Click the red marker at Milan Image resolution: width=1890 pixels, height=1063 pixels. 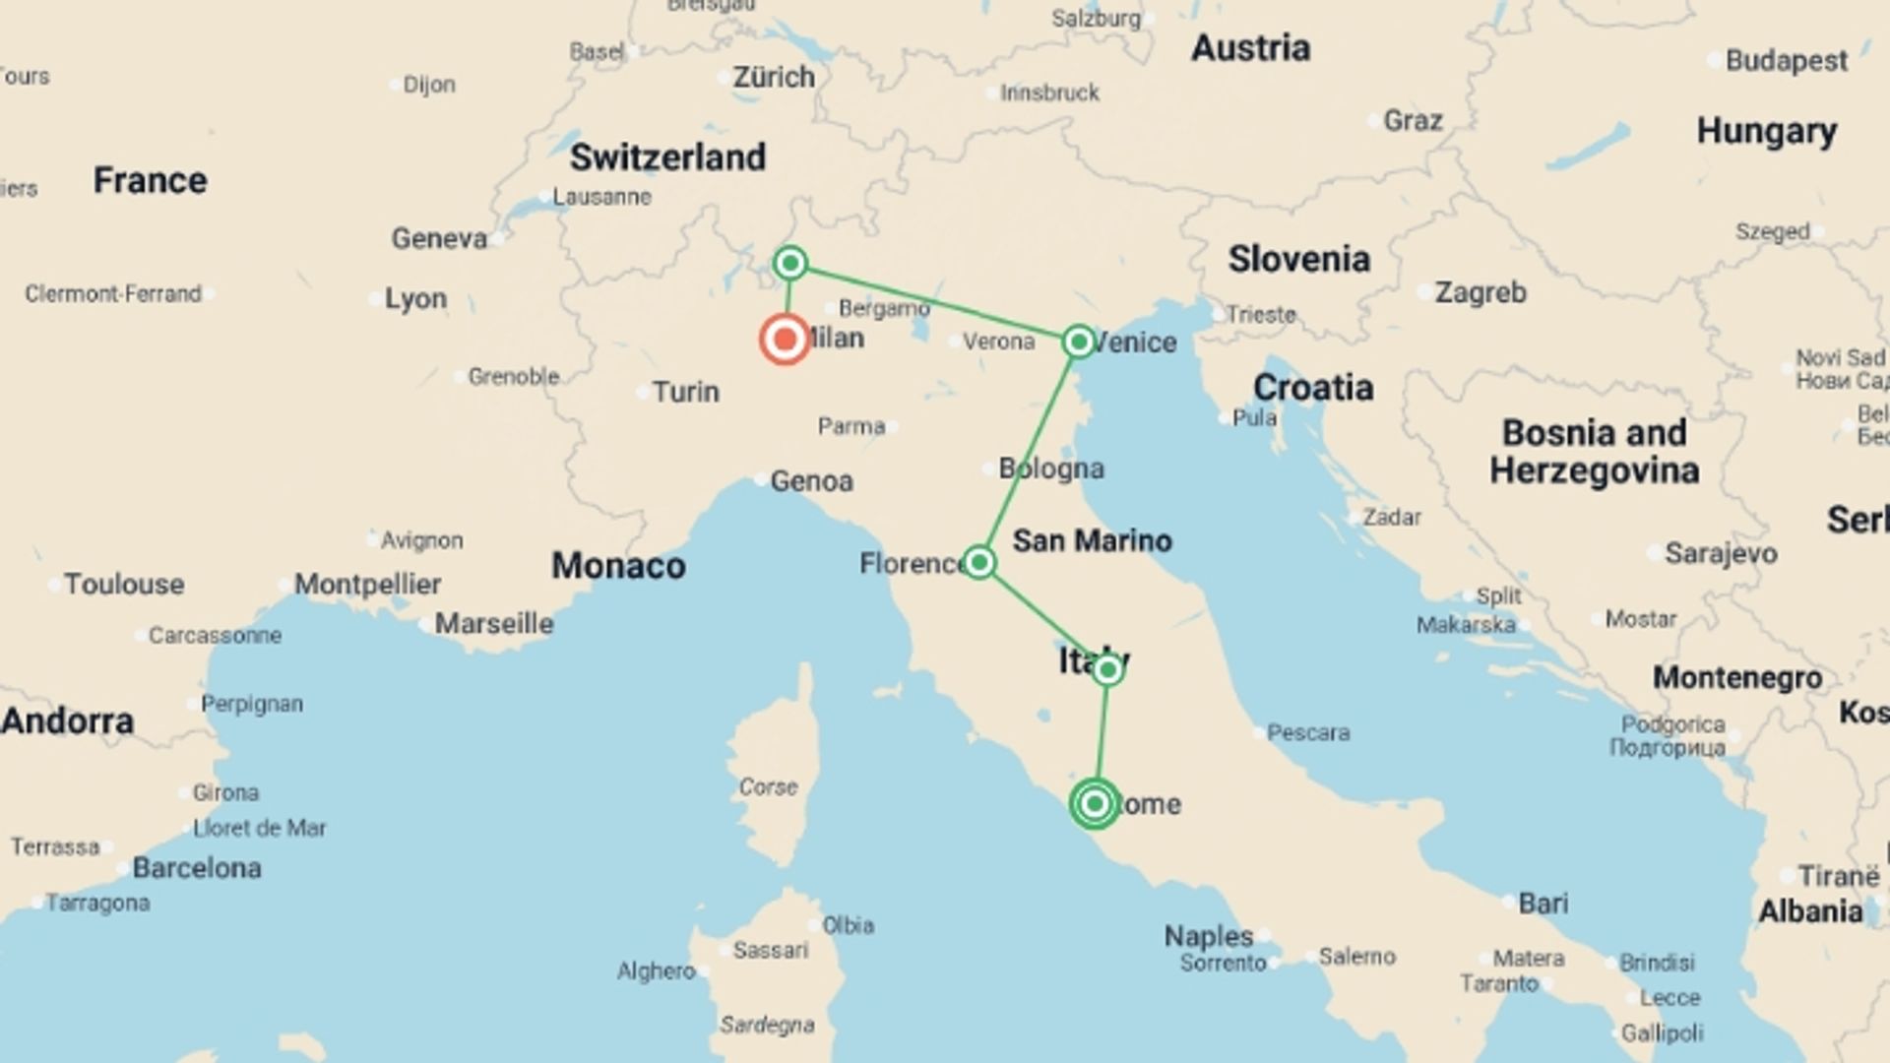[785, 340]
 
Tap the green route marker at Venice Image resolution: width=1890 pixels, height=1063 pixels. [1079, 342]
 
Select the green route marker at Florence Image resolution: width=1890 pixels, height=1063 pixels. [978, 562]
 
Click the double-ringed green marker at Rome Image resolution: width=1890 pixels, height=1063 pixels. [1095, 804]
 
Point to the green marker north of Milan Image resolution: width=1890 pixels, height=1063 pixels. [790, 263]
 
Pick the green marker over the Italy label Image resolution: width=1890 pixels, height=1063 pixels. [1107, 670]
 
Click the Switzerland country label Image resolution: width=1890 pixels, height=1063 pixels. [667, 157]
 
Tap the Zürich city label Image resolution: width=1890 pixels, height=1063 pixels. [774, 77]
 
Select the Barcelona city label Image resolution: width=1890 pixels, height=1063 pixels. [197, 868]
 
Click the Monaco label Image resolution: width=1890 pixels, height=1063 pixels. [618, 566]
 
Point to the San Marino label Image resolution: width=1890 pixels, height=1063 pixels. [1092, 540]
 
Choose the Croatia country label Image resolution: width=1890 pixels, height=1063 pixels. [1313, 388]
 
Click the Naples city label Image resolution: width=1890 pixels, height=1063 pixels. [1209, 935]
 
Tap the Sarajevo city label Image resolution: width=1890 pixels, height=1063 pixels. [1721, 553]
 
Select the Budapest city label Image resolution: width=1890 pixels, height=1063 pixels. [1786, 61]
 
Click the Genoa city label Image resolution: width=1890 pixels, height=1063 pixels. [811, 481]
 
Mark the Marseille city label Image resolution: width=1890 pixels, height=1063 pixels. [494, 624]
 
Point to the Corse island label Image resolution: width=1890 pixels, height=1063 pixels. [768, 787]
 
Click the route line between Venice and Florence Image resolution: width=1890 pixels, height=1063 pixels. [1029, 452]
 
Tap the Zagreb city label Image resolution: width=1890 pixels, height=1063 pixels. [1480, 292]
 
